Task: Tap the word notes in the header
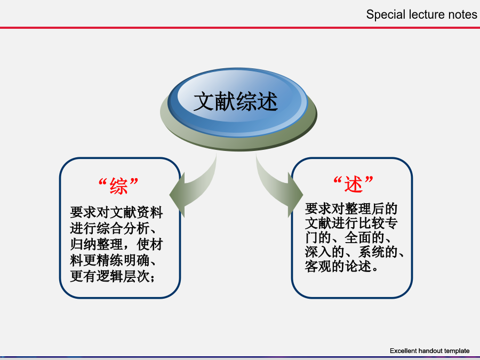tap(462, 15)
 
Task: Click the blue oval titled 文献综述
tap(237, 102)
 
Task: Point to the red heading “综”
tap(118, 186)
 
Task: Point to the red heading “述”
tap(353, 183)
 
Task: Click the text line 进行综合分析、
tap(113, 228)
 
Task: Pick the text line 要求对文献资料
tap(116, 212)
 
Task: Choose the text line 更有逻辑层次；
tap(113, 276)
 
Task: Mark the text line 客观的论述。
tap(342, 266)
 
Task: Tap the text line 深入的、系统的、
tap(355, 252)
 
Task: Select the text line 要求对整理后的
tap(351, 209)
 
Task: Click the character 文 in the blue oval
tap(204, 101)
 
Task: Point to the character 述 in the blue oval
tap(267, 101)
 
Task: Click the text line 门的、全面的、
tap(348, 237)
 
